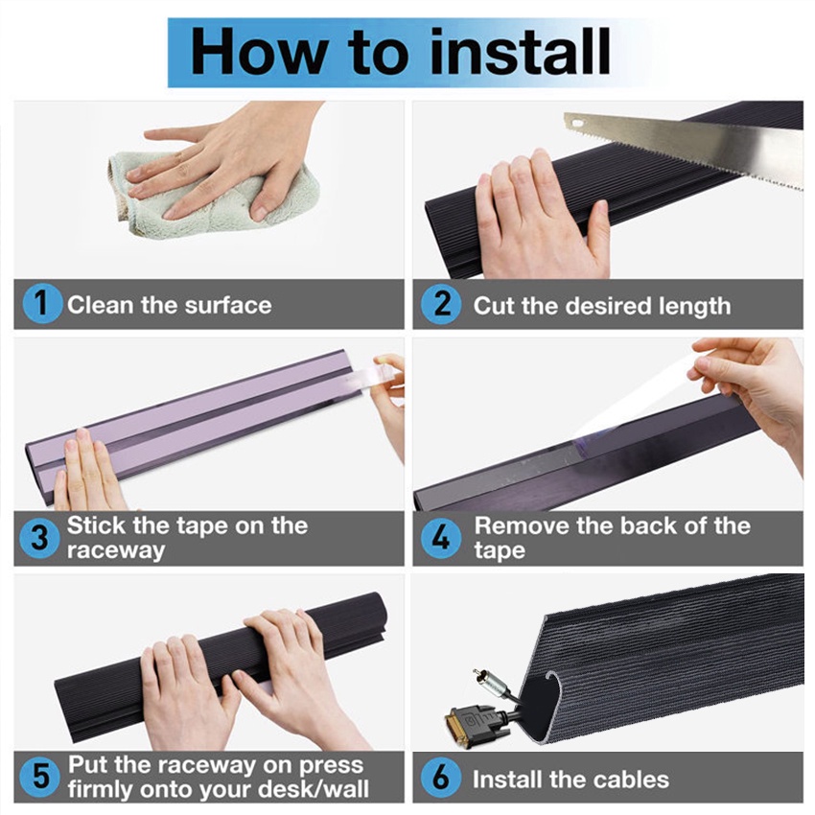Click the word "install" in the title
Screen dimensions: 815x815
(521, 52)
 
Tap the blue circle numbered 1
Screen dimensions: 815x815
(42, 304)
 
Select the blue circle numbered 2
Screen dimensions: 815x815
(441, 304)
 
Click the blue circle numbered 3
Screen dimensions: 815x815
(39, 538)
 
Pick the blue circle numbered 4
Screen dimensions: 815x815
(441, 538)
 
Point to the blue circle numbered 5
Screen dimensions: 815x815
(39, 777)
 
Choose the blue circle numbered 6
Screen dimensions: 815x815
(441, 777)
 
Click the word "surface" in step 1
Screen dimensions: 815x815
(228, 305)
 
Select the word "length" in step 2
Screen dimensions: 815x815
(694, 307)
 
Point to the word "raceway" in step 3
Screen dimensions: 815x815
(116, 551)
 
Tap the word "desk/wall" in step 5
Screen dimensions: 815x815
(314, 789)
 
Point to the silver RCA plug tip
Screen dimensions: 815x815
(477, 674)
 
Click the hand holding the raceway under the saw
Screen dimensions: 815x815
(542, 216)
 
